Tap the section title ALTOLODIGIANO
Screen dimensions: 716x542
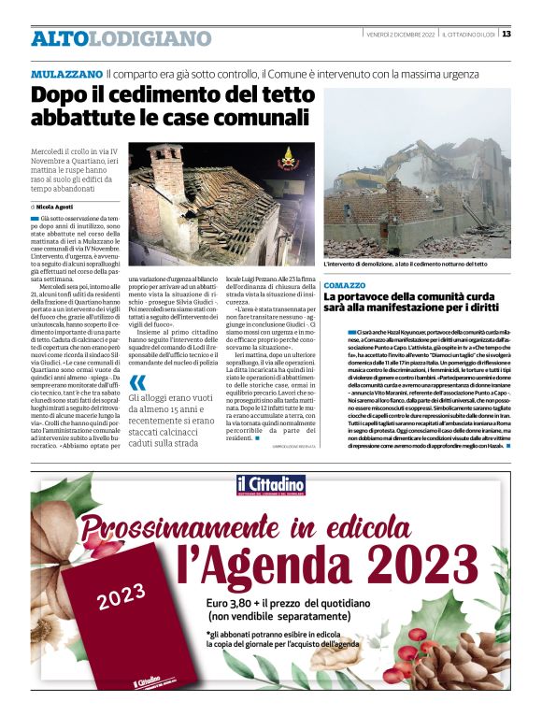pyautogui.click(x=121, y=39)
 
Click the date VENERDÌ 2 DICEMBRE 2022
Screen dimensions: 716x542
pyautogui.click(x=399, y=35)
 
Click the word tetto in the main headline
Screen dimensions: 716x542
pyautogui.click(x=278, y=95)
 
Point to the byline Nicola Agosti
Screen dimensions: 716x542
pyautogui.click(x=55, y=206)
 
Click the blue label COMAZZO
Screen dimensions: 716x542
pyautogui.click(x=345, y=284)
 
